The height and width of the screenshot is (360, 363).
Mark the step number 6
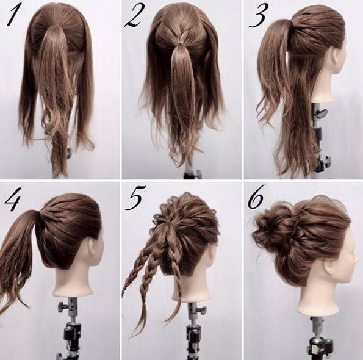point(256,199)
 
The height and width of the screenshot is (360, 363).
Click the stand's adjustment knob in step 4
point(60,304)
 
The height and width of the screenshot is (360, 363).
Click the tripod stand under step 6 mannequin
point(321,338)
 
